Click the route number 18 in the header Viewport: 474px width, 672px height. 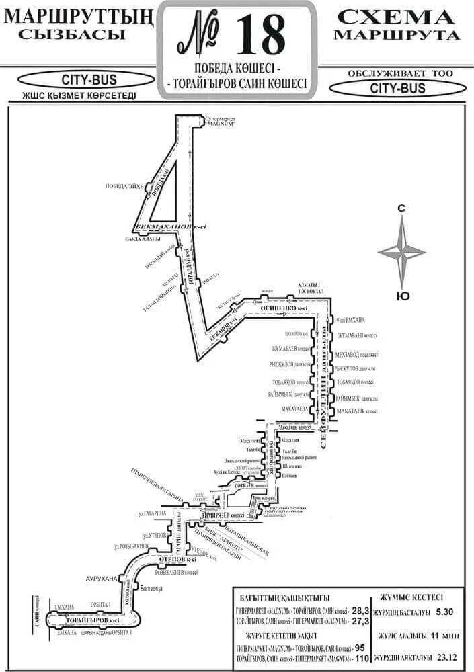click(x=260, y=36)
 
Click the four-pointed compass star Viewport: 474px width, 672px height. click(x=401, y=253)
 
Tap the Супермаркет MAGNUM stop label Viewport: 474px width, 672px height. click(x=223, y=122)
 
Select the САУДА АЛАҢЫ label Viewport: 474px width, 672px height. click(x=142, y=239)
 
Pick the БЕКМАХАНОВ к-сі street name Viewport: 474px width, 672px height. click(x=169, y=228)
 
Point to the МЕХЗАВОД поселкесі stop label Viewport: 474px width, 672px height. click(x=357, y=354)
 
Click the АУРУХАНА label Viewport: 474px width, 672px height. click(x=102, y=578)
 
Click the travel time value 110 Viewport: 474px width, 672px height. click(x=362, y=659)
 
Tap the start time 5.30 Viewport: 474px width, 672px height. click(x=444, y=612)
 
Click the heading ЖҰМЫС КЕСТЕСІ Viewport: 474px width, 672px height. click(x=411, y=597)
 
